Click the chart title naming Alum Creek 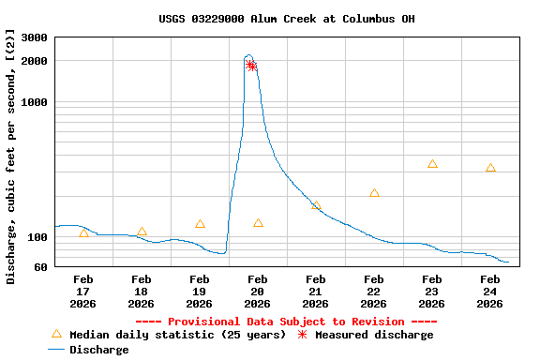(287, 19)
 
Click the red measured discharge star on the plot (250, 65)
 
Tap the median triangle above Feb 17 (83, 233)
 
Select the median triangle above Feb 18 (142, 232)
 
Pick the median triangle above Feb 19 (200, 224)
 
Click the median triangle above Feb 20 (258, 223)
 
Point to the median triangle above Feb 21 (316, 205)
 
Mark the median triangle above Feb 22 (374, 193)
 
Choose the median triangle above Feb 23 (432, 164)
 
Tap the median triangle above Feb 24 (490, 168)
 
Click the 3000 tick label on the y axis (35, 37)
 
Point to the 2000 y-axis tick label (35, 61)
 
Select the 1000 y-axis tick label (35, 102)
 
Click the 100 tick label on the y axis (37, 237)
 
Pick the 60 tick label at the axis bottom (40, 267)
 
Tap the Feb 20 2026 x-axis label (258, 291)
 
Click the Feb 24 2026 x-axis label (490, 291)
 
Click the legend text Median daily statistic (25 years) (177, 335)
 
